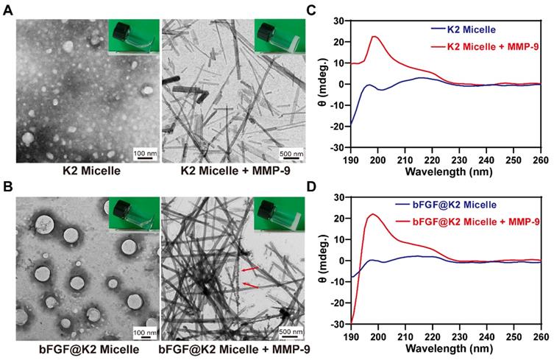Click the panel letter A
click(7, 7)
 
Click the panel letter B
click(7, 186)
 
